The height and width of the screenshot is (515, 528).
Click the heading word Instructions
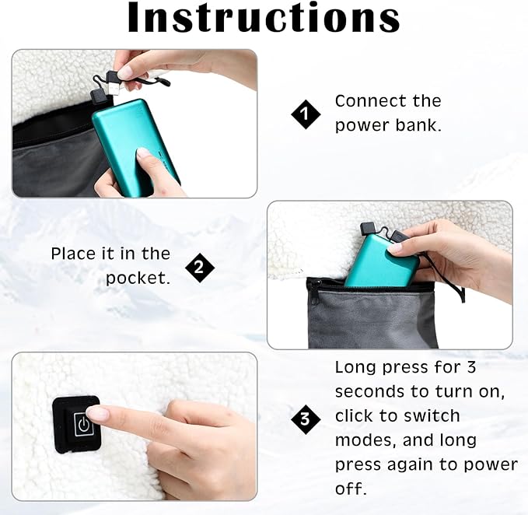[264, 17]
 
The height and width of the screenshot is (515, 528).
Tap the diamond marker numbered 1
[306, 114]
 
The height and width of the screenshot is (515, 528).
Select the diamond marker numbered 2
[200, 268]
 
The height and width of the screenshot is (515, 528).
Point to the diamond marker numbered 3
[306, 419]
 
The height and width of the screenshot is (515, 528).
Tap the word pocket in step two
[138, 279]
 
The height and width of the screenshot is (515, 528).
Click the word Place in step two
[73, 254]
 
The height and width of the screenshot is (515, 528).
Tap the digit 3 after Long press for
[471, 367]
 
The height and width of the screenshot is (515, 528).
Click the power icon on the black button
[84, 425]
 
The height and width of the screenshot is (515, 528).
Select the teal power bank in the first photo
[136, 148]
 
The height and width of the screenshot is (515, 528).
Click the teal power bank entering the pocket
[382, 261]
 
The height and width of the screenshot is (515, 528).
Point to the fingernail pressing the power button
[95, 414]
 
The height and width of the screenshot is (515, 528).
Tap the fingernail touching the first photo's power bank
[143, 153]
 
